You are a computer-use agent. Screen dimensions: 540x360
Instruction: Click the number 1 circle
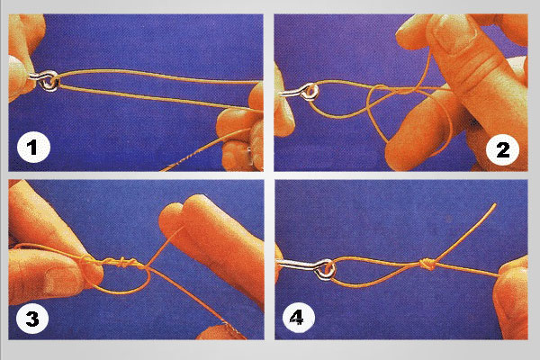33,148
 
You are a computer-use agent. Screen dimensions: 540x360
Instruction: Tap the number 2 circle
502,149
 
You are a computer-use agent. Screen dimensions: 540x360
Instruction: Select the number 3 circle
32,319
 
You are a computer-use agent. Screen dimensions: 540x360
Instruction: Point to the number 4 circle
298,318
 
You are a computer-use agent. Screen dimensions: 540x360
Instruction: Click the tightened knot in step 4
427,265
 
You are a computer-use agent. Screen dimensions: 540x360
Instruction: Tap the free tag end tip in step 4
495,204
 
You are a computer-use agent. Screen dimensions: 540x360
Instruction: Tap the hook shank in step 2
292,93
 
